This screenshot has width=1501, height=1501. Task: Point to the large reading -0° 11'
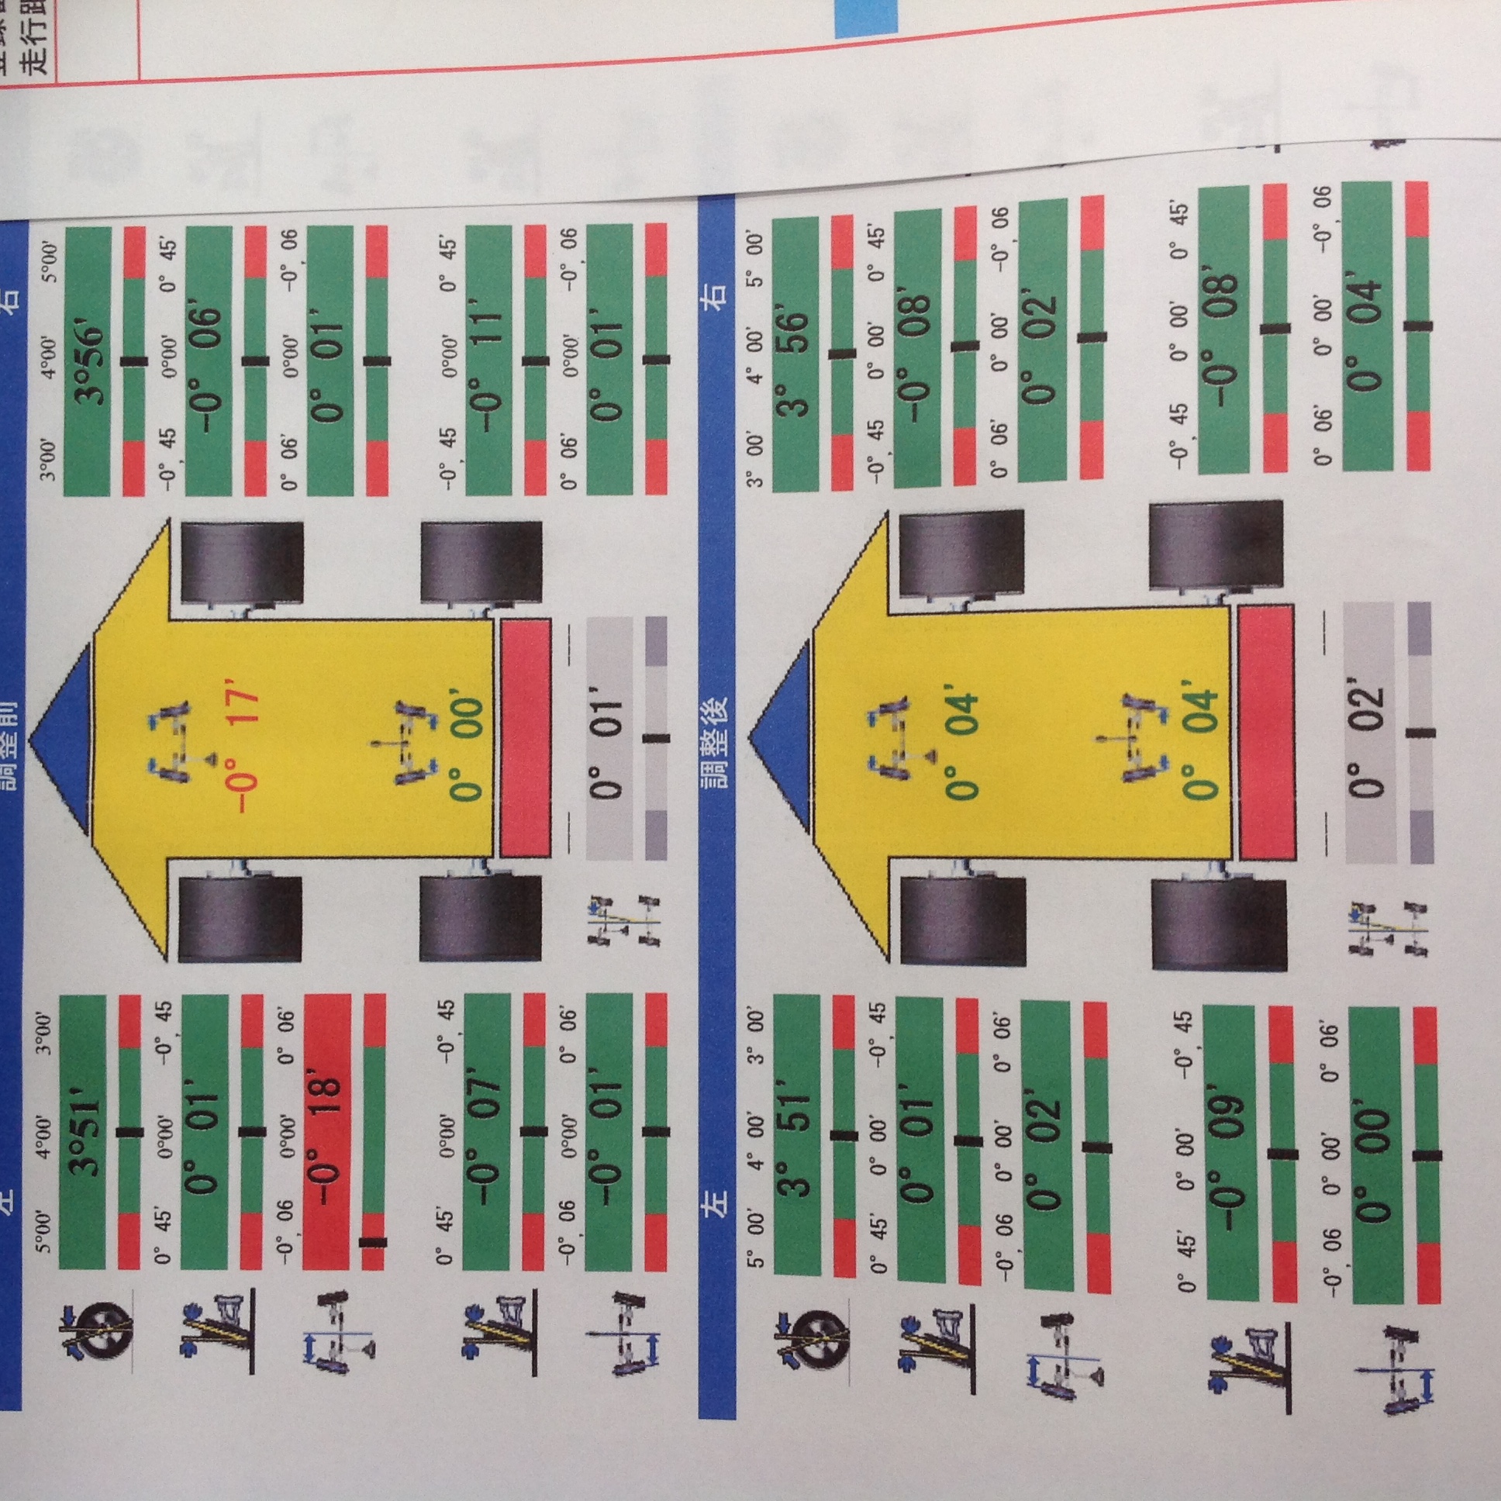click(x=488, y=362)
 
